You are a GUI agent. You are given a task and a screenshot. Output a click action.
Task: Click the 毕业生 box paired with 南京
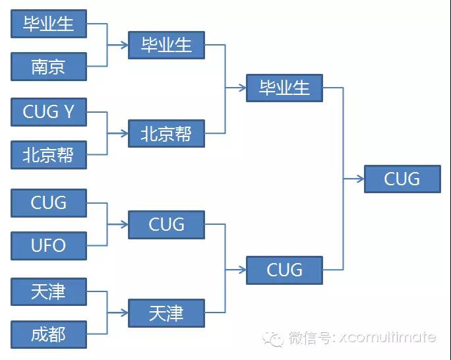49,24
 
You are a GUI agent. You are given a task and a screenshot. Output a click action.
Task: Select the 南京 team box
49,67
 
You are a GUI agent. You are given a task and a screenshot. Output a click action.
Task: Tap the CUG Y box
49,111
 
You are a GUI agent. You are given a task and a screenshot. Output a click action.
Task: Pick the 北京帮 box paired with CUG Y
49,155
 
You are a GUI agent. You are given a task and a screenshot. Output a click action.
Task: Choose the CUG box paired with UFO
49,202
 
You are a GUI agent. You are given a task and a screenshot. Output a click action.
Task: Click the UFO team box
49,245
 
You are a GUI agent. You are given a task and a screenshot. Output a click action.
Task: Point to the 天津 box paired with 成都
49,291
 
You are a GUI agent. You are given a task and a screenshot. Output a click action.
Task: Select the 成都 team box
49,334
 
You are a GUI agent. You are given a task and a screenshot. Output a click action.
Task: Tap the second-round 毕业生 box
166,45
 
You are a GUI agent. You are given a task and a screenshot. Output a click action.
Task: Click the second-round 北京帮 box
166,133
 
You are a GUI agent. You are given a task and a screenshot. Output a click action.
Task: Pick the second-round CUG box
166,224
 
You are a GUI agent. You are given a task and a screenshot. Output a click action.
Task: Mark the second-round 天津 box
166,313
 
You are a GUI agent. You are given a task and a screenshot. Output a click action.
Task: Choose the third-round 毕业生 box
284,88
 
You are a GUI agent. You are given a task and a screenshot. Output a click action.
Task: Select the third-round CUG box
284,270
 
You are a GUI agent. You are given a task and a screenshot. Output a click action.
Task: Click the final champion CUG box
402,179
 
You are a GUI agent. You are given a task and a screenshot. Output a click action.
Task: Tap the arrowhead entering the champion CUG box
359,179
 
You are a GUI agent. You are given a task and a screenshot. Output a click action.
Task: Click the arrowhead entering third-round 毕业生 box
242,88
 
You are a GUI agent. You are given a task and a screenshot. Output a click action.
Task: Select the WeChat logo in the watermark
272,338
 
